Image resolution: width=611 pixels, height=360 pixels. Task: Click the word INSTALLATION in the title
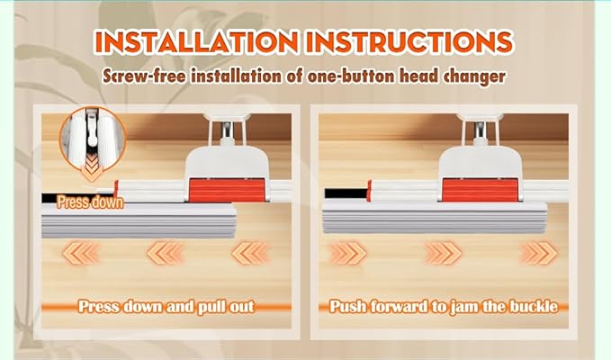(196, 41)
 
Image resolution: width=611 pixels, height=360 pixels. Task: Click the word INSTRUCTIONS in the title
(409, 41)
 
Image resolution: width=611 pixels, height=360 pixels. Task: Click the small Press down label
(90, 202)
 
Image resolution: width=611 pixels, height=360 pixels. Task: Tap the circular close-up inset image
(93, 139)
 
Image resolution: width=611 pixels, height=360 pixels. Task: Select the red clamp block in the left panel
(228, 190)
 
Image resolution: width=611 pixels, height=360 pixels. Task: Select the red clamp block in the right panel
(481, 190)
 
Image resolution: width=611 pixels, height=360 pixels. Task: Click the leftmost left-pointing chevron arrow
(80, 253)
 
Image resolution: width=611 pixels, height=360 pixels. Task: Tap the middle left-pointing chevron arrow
(165, 253)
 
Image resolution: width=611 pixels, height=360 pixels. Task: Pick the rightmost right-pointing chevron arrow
(540, 253)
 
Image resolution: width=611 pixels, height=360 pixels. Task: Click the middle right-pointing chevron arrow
(444, 253)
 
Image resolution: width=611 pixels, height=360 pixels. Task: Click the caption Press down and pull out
(166, 307)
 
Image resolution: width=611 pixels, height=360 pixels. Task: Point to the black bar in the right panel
(346, 193)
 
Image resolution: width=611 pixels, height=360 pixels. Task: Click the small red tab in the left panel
(115, 188)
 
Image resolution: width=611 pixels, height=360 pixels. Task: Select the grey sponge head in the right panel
(434, 218)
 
